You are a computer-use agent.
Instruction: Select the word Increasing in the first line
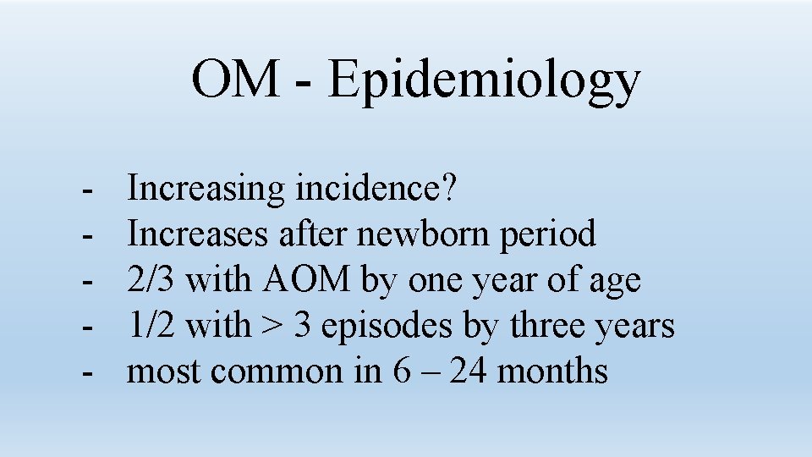[x=206, y=189]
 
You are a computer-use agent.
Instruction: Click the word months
[x=553, y=371]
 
